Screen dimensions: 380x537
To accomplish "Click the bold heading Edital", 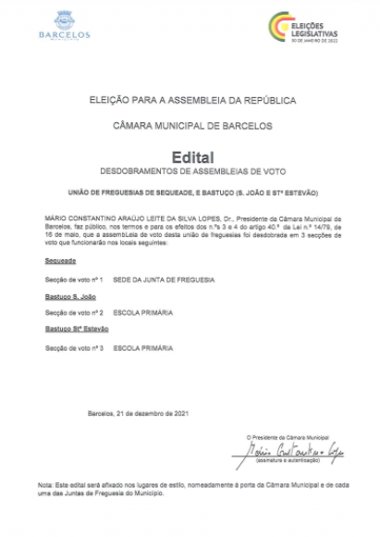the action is pos(191,157).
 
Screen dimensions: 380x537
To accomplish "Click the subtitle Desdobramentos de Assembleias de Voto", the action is pos(191,173).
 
